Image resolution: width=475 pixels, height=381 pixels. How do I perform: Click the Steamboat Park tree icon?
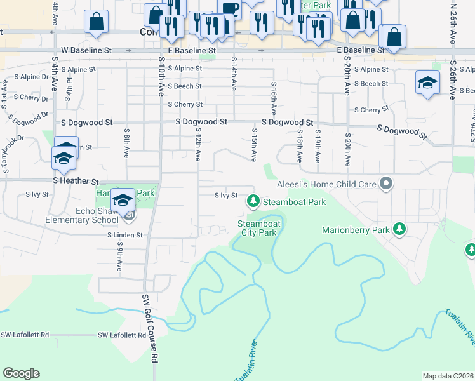(x=253, y=202)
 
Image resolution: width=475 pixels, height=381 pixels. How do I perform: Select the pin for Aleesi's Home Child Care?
(x=385, y=185)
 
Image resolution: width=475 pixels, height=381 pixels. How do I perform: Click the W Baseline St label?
(x=86, y=50)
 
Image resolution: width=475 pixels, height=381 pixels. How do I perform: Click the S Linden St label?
(x=124, y=236)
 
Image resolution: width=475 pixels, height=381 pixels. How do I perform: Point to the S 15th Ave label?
(x=255, y=146)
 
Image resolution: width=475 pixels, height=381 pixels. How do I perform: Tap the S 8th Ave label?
(x=126, y=145)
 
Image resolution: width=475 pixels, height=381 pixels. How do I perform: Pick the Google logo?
(x=21, y=373)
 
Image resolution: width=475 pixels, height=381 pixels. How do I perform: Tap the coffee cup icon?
(x=229, y=8)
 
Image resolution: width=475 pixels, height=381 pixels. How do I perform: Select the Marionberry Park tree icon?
(x=399, y=229)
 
